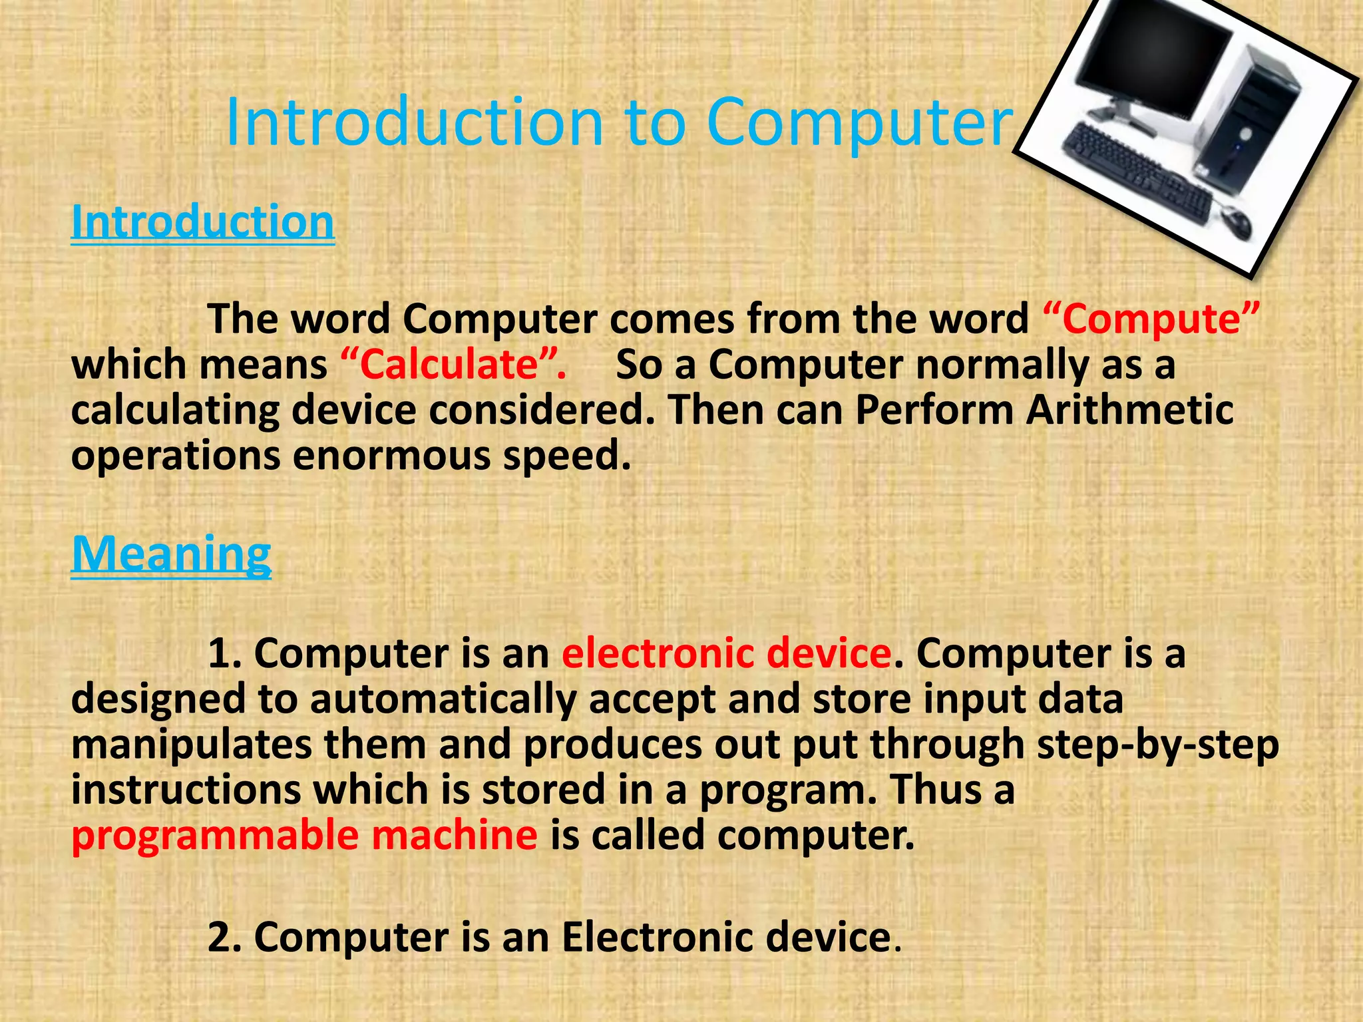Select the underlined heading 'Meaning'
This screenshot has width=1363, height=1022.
(171, 554)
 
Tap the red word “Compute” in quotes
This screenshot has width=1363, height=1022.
(1151, 319)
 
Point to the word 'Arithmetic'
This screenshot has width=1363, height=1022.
(1129, 410)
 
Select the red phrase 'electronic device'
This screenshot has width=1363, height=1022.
(726, 653)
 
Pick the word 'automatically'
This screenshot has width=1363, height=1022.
(443, 699)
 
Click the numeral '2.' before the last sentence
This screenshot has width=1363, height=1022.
(224, 937)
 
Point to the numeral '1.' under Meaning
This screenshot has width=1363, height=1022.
(224, 653)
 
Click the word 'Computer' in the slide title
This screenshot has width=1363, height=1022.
(859, 123)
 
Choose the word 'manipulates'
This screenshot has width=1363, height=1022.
(191, 744)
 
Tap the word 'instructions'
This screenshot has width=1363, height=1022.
(186, 789)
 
